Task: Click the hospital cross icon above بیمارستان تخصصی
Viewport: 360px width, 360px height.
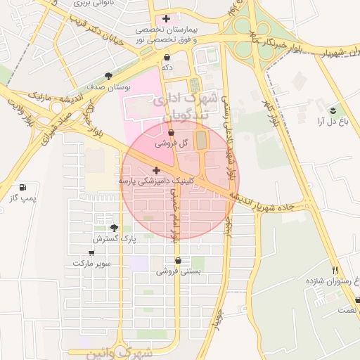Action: tap(165, 18)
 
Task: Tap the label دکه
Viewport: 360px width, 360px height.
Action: tap(167, 67)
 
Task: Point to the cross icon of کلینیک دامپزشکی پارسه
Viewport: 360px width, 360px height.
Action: tap(156, 170)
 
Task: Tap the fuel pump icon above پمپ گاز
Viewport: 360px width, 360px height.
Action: tap(23, 188)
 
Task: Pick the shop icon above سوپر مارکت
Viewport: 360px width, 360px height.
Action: tap(91, 252)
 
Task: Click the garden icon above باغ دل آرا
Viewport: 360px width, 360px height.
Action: tap(333, 110)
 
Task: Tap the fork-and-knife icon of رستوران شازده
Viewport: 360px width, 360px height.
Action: tap(335, 269)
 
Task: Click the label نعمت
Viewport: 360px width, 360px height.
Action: tap(347, 310)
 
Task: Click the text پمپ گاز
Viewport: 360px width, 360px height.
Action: tap(22, 198)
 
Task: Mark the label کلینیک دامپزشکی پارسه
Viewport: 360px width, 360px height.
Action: tap(155, 181)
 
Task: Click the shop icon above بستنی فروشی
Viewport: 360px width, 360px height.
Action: tap(179, 260)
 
